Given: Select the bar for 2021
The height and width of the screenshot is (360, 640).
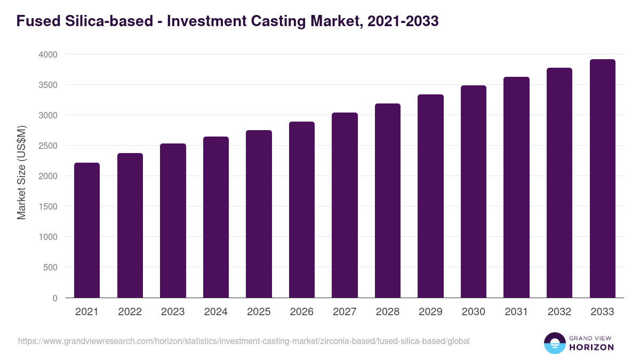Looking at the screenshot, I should pos(87,230).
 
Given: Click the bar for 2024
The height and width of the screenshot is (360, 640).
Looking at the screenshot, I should pos(216,217).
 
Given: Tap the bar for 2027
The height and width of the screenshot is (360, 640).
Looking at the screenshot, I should pos(345,205).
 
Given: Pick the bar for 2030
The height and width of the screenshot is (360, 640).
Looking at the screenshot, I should pos(474,191).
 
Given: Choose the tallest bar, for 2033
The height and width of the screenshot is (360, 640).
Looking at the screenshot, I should pos(602,179).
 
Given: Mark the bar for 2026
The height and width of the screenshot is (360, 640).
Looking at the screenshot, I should pos(302,210).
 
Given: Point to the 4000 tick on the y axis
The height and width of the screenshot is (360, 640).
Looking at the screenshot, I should pos(49,54).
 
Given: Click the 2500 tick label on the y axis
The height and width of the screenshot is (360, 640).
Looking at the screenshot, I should pos(49,146).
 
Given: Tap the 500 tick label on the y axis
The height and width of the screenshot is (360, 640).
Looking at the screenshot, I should pos(51,267).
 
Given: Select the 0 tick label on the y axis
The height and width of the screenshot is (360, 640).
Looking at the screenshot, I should pos(55,298).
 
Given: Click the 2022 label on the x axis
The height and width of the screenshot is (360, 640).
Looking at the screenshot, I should pos(130,312).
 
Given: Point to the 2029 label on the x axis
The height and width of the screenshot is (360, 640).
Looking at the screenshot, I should pos(430,312).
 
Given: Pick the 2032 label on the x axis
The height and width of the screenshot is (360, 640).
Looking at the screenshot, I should pos(559,312).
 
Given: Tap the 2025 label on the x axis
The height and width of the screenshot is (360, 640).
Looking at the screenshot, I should pos(259,312).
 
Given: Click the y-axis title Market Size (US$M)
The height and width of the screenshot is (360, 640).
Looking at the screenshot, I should pos(21,172).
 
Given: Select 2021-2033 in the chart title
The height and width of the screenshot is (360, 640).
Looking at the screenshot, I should pos(403,21).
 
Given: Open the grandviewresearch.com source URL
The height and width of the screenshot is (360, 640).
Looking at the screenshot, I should pos(244,341).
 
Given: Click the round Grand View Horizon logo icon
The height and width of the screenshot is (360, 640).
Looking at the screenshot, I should pos(554,343).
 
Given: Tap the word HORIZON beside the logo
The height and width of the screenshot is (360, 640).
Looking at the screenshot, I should pos(591,347).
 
